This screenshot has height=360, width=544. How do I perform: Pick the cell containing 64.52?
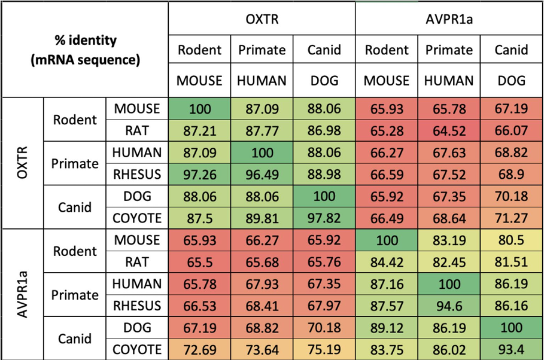pos(449,130)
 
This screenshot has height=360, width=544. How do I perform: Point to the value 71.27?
pos(511,218)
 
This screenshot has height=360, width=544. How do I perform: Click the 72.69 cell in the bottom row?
pos(200,349)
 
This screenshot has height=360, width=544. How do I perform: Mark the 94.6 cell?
pos(449,306)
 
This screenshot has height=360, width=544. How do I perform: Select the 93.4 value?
pos(511,349)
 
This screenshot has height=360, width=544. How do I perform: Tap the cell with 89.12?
pos(387,328)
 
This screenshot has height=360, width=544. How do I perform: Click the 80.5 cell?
pos(511,240)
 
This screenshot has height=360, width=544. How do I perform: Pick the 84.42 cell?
pos(387,262)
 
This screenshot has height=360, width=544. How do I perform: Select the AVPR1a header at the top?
pos(449,20)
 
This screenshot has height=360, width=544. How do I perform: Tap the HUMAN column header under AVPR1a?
pos(449,81)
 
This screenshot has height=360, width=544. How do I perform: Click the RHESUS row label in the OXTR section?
pos(137,175)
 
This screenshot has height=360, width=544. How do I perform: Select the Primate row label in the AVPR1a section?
pos(75,295)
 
